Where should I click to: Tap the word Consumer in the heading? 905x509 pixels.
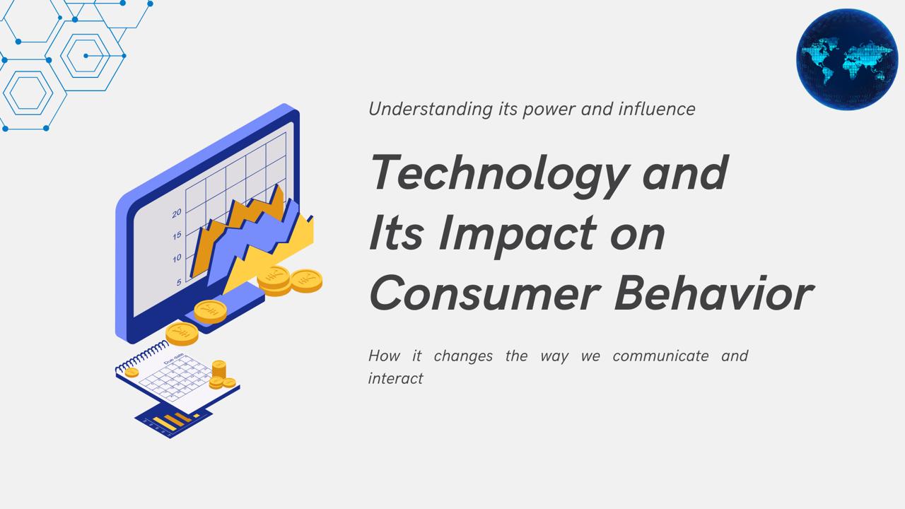point(485,293)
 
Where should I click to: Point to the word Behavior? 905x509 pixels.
point(714,293)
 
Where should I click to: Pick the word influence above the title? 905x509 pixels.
point(657,109)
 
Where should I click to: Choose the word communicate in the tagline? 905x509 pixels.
point(660,356)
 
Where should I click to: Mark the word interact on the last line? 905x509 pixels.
point(395,378)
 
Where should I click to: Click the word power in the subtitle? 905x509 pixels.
point(549,110)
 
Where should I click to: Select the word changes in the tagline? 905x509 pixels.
point(463,356)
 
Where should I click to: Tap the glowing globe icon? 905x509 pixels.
point(847,59)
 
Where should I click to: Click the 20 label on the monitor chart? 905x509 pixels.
point(177,213)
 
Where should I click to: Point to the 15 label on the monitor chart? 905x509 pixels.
point(177,235)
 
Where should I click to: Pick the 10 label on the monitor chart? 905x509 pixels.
point(177,258)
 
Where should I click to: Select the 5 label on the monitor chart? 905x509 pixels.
point(179,281)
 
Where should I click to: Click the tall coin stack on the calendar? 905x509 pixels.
point(218,370)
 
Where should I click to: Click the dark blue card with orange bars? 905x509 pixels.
point(174,423)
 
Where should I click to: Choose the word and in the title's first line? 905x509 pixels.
point(686,172)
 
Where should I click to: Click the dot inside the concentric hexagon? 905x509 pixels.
point(86,56)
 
